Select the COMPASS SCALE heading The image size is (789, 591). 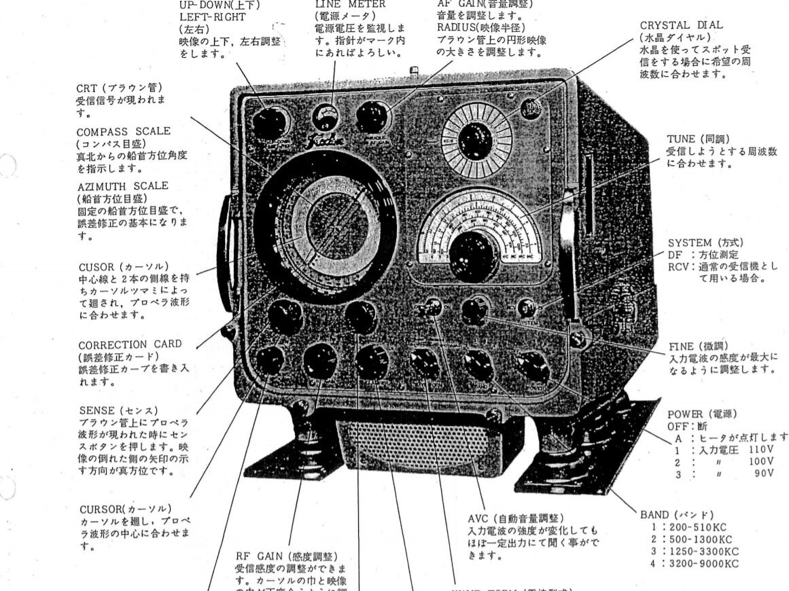pyautogui.click(x=123, y=131)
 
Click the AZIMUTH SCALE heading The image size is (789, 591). pyautogui.click(x=122, y=186)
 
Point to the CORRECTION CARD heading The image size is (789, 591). pyautogui.click(x=130, y=344)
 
